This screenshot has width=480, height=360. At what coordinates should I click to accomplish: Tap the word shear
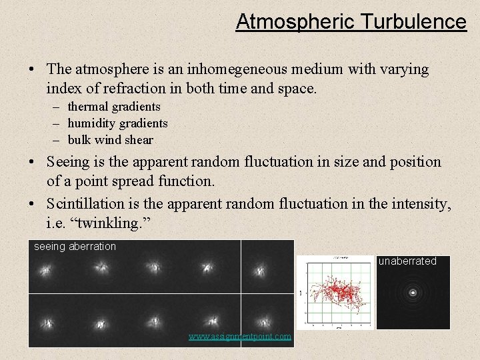139,140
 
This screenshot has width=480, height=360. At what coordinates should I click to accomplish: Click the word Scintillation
84,203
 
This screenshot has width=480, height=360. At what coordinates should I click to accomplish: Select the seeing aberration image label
75,247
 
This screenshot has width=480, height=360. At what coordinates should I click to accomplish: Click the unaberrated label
407,261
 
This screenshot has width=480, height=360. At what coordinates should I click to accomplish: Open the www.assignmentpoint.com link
240,337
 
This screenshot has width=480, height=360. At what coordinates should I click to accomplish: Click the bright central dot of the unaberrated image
413,292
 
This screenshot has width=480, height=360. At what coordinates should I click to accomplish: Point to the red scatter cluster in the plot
339,291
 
